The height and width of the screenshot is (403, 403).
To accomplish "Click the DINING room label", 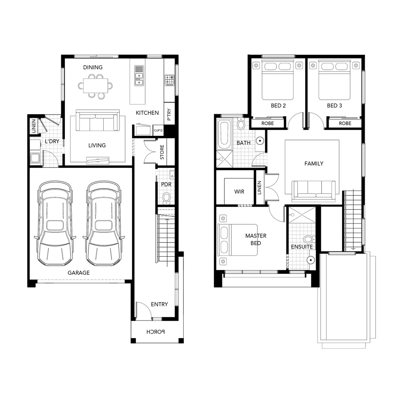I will (93, 68).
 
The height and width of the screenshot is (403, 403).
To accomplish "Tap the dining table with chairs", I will (95, 85).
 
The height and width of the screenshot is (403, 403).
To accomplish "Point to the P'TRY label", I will (169, 115).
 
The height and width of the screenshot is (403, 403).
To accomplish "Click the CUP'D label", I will (158, 131).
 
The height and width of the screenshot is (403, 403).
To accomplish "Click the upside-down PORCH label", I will (156, 331).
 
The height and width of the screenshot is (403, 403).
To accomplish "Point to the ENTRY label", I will (159, 304).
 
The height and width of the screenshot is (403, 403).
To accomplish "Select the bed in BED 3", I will (334, 80).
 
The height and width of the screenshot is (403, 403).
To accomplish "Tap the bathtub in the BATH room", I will (224, 134).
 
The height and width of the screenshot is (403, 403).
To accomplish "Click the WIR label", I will (239, 191).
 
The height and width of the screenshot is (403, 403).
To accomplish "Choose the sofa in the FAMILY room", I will (313, 189).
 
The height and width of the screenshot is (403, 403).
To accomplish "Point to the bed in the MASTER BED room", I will (238, 240).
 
